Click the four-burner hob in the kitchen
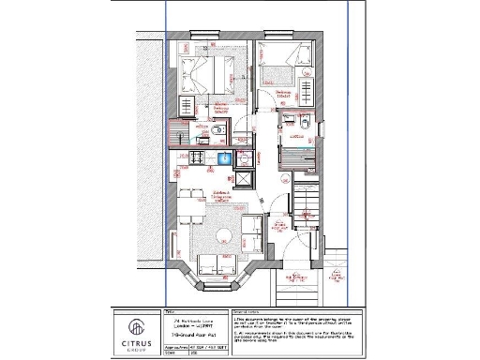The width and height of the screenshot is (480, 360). click(x=200, y=157)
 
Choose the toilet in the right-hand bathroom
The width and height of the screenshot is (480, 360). click(x=307, y=121)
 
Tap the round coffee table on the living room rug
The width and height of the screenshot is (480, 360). click(x=224, y=234)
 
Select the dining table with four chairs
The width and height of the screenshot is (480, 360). click(x=193, y=207)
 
